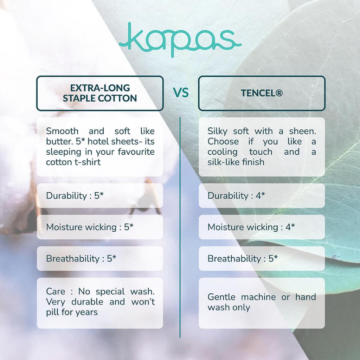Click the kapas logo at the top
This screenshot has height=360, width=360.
point(180,39)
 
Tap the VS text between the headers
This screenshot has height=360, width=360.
point(181,93)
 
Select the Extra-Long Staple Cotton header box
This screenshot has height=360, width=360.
point(100,93)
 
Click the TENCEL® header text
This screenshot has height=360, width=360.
point(262,93)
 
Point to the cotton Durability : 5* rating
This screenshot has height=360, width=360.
point(75,195)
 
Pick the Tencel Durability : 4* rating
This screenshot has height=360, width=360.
point(236,195)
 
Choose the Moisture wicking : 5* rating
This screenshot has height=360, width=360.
point(90,227)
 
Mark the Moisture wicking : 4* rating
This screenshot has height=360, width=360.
point(251,227)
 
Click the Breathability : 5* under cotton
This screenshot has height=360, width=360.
point(81,258)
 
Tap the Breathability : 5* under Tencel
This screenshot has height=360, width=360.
point(243,258)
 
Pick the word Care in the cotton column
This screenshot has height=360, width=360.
point(56,291)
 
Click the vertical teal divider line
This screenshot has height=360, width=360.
point(180,227)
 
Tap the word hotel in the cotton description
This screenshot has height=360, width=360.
point(98,141)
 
